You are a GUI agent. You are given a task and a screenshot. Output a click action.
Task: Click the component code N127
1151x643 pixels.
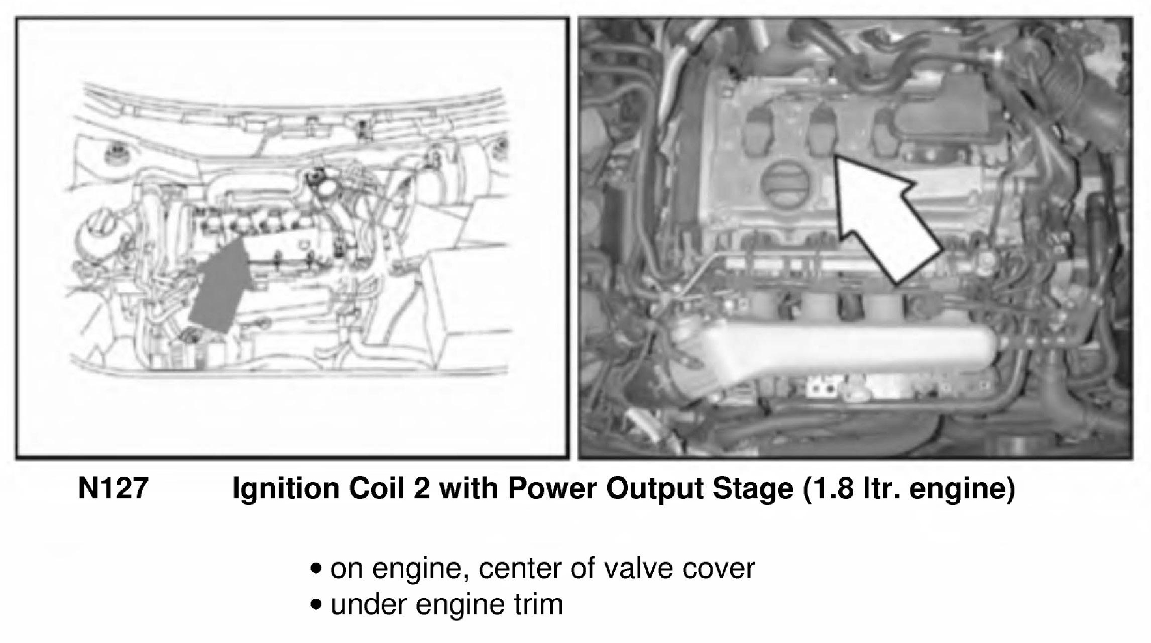coord(113,489)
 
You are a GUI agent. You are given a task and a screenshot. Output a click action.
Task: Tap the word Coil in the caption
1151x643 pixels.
coord(377,489)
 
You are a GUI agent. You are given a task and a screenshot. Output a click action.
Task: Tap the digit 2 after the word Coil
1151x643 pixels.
coord(422,489)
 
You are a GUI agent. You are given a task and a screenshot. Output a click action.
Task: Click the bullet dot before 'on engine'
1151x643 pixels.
coord(316,570)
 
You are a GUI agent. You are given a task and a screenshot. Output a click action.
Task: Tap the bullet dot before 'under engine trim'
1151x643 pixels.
coord(316,605)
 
